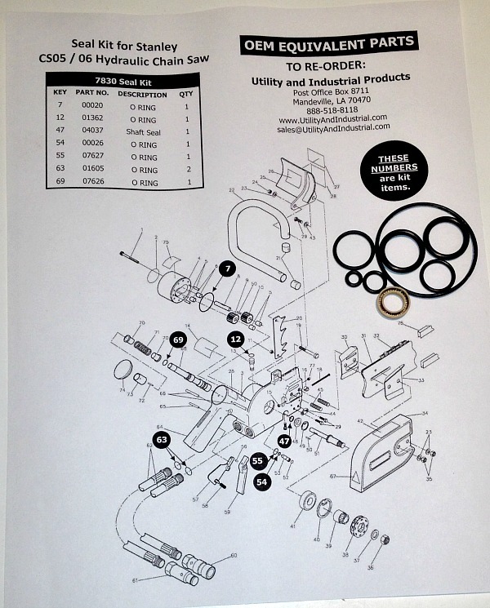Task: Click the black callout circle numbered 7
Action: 226,268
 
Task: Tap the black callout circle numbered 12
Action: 235,339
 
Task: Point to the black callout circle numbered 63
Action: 163,440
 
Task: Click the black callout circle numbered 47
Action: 283,440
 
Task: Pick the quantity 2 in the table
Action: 187,170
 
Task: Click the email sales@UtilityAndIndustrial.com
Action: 332,128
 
